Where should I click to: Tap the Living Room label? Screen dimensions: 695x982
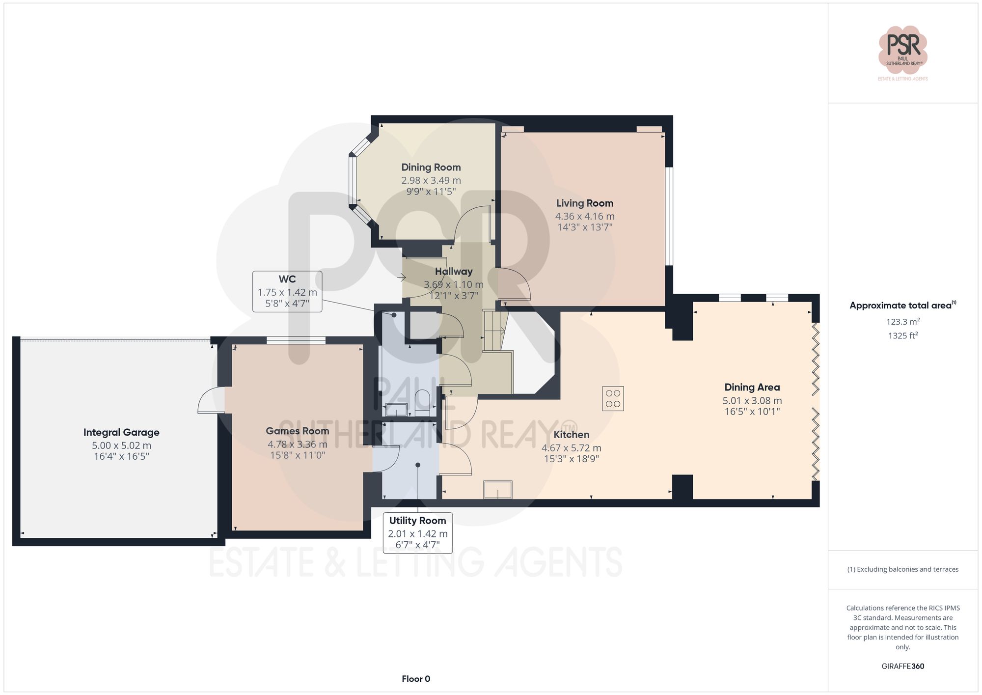[584, 203]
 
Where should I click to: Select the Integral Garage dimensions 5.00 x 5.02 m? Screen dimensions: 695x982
[121, 445]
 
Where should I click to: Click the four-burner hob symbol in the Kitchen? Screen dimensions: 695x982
[613, 398]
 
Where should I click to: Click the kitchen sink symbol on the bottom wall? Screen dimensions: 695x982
[498, 490]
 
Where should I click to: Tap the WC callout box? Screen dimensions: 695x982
[287, 291]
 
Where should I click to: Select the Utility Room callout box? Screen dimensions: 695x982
[417, 532]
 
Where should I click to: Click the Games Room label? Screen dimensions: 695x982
[297, 431]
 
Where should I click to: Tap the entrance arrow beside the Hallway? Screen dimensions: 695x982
[402, 278]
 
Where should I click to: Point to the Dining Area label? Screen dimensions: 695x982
[752, 387]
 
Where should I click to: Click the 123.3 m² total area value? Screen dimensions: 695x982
[902, 322]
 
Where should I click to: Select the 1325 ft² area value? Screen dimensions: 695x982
[902, 336]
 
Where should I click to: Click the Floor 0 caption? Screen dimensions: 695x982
[416, 679]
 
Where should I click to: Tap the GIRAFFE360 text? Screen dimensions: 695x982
[902, 666]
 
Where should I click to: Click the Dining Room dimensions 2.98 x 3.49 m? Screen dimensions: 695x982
[431, 180]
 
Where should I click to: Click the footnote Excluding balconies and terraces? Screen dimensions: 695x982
[902, 569]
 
